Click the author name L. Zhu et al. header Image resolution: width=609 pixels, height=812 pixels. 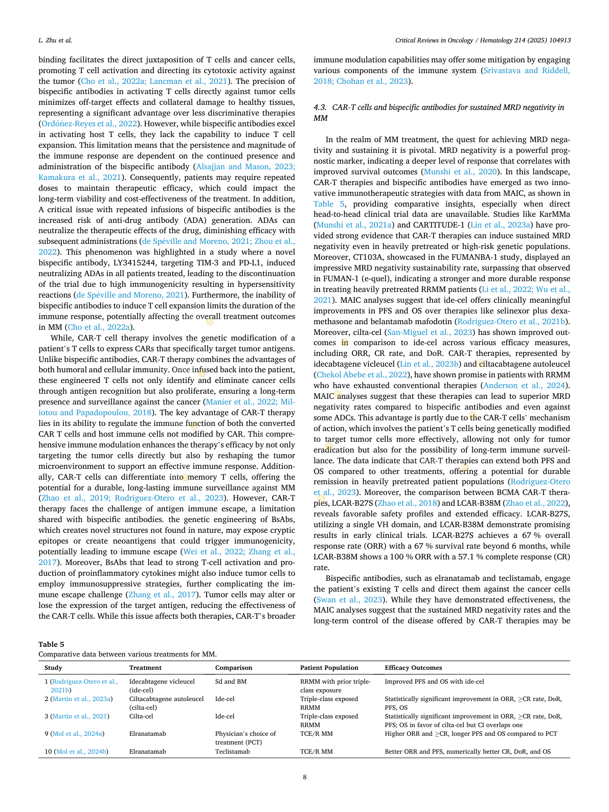click(x=55, y=40)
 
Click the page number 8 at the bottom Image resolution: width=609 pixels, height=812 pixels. click(x=305, y=777)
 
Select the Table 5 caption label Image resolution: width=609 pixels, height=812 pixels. click(x=51, y=644)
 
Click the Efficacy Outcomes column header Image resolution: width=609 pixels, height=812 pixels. click(x=413, y=668)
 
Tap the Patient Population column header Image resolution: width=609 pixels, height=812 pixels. click(x=329, y=668)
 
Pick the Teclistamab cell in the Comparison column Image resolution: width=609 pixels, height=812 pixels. click(x=233, y=752)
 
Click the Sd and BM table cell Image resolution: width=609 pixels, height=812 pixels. click(x=230, y=682)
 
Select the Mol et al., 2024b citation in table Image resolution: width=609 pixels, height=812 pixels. click(x=81, y=752)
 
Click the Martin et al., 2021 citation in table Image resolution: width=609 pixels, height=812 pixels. click(x=80, y=716)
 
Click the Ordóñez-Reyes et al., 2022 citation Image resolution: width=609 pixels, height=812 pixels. click(x=89, y=124)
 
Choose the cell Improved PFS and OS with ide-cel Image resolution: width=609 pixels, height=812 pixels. click(x=434, y=682)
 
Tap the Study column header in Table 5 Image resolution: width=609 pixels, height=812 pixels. click(x=53, y=668)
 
